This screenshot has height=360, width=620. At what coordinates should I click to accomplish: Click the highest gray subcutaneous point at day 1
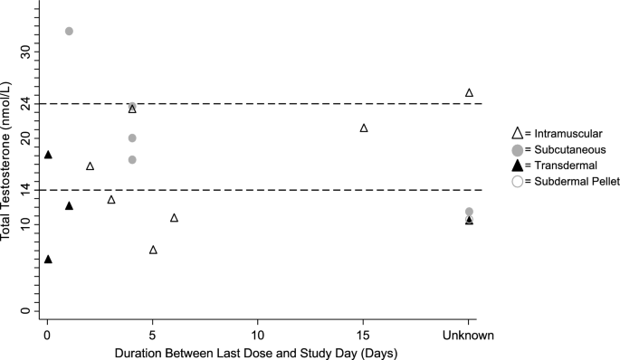coord(69,31)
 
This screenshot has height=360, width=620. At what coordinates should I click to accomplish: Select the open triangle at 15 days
coord(364,128)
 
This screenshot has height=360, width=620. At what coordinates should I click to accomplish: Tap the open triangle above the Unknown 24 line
coord(469,92)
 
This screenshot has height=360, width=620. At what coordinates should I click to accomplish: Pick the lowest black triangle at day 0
coord(48,260)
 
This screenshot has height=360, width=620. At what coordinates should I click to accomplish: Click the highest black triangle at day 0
coord(48,155)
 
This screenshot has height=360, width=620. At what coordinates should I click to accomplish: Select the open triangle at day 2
coord(90,166)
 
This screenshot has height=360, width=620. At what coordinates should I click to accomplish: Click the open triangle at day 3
coord(111,200)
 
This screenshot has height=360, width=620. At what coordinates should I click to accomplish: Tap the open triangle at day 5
coord(153,250)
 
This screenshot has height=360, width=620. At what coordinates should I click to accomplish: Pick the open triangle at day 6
coord(174,218)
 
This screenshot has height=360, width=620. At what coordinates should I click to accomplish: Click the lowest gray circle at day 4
coord(132,160)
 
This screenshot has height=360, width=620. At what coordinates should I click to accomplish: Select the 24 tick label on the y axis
coord(25,103)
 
